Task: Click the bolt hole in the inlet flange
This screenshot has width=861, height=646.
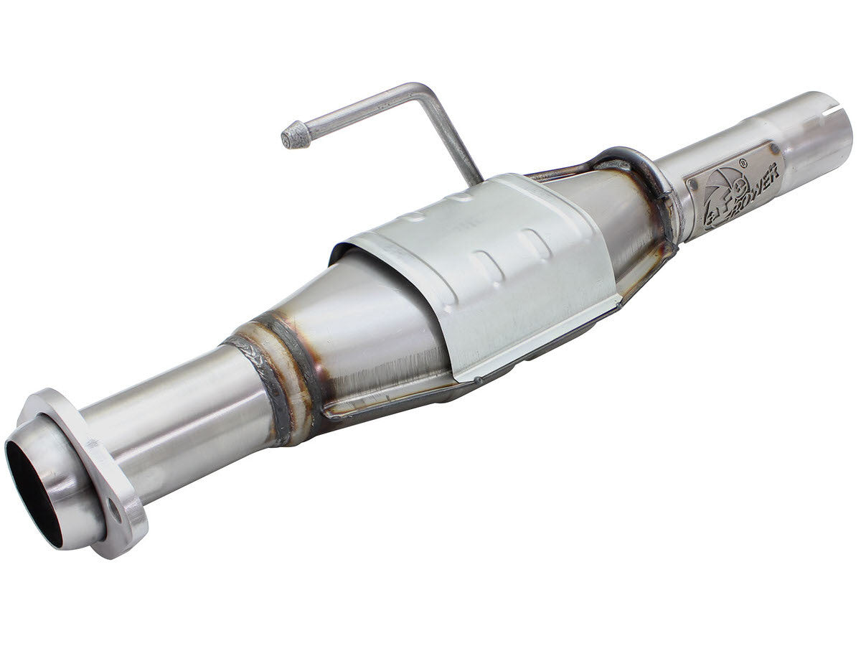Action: (113, 511)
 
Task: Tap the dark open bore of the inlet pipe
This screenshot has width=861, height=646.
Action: (32, 488)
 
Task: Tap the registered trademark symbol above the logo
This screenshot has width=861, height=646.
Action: (743, 164)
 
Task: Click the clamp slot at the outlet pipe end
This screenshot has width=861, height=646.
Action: (832, 111)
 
